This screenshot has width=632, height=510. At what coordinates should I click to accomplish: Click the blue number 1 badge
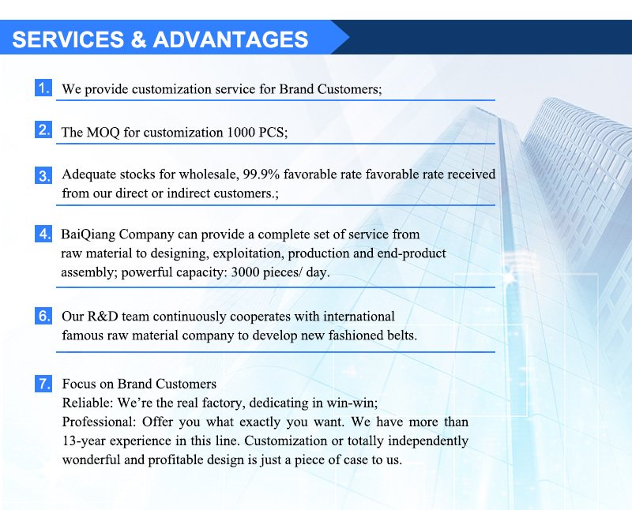44,88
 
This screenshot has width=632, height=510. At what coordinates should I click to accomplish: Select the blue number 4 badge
44,234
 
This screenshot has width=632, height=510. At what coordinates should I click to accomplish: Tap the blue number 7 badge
44,384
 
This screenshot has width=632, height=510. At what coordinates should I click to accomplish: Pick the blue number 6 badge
44,317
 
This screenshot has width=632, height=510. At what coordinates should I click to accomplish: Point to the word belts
400,336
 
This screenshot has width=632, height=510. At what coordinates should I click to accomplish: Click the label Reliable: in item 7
85,403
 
